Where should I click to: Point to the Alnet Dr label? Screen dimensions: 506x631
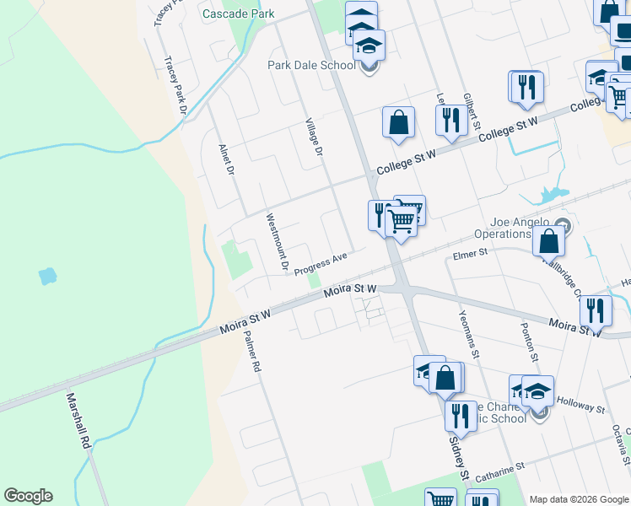pos(224,158)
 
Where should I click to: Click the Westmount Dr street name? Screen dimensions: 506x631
pos(278,243)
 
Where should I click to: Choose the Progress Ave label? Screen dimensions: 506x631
pos(321,263)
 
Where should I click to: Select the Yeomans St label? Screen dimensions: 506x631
pos(469,331)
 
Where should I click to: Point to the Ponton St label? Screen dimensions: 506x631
pos(530,342)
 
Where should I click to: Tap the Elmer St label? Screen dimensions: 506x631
pos(470,252)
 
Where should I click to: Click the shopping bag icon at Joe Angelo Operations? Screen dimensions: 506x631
pos(548,240)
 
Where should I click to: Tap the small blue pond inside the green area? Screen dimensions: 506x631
pos(47,276)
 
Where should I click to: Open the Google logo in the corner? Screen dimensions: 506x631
pos(28,496)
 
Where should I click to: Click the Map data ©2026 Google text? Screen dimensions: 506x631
pos(579,499)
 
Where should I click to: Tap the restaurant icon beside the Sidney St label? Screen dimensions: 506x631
pos(461,416)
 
